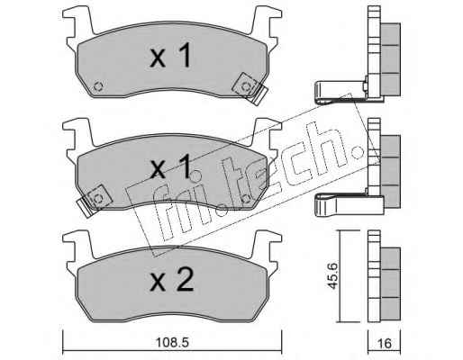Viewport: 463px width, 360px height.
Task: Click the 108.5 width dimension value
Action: [x=172, y=342]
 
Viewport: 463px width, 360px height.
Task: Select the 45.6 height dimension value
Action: [x=332, y=276]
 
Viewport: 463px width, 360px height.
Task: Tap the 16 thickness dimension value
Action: [x=385, y=343]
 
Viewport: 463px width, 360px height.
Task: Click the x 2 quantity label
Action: [x=172, y=280]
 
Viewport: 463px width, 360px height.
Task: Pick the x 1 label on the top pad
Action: [x=170, y=55]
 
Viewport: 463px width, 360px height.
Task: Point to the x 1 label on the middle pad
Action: [x=170, y=167]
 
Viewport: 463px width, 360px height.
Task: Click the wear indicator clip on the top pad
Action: [x=250, y=89]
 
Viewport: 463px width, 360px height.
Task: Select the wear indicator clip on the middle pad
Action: [x=95, y=201]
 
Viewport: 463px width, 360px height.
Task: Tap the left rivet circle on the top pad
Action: [x=98, y=86]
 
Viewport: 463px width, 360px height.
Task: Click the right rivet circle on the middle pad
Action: [x=246, y=198]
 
